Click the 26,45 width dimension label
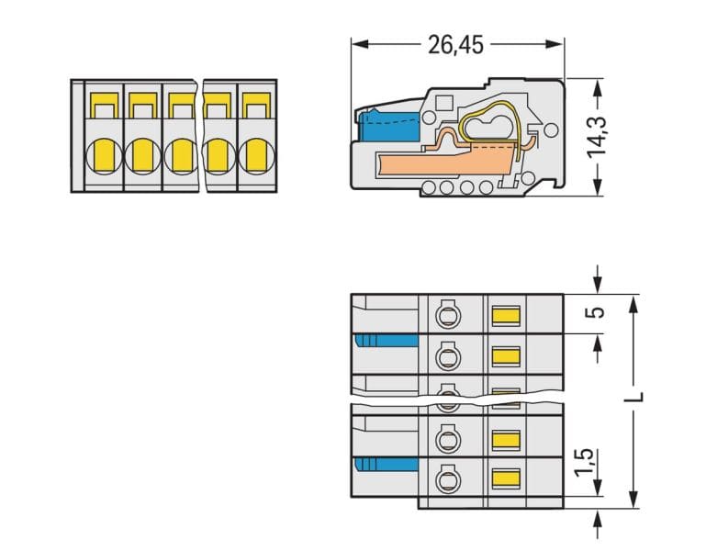[x=455, y=45]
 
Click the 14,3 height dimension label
[x=598, y=137]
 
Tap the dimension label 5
[x=597, y=312]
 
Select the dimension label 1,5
[x=586, y=462]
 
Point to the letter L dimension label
[x=635, y=397]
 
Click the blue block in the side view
[x=389, y=125]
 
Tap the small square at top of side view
[x=445, y=104]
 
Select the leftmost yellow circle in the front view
[x=104, y=156]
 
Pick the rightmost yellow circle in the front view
[x=256, y=156]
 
